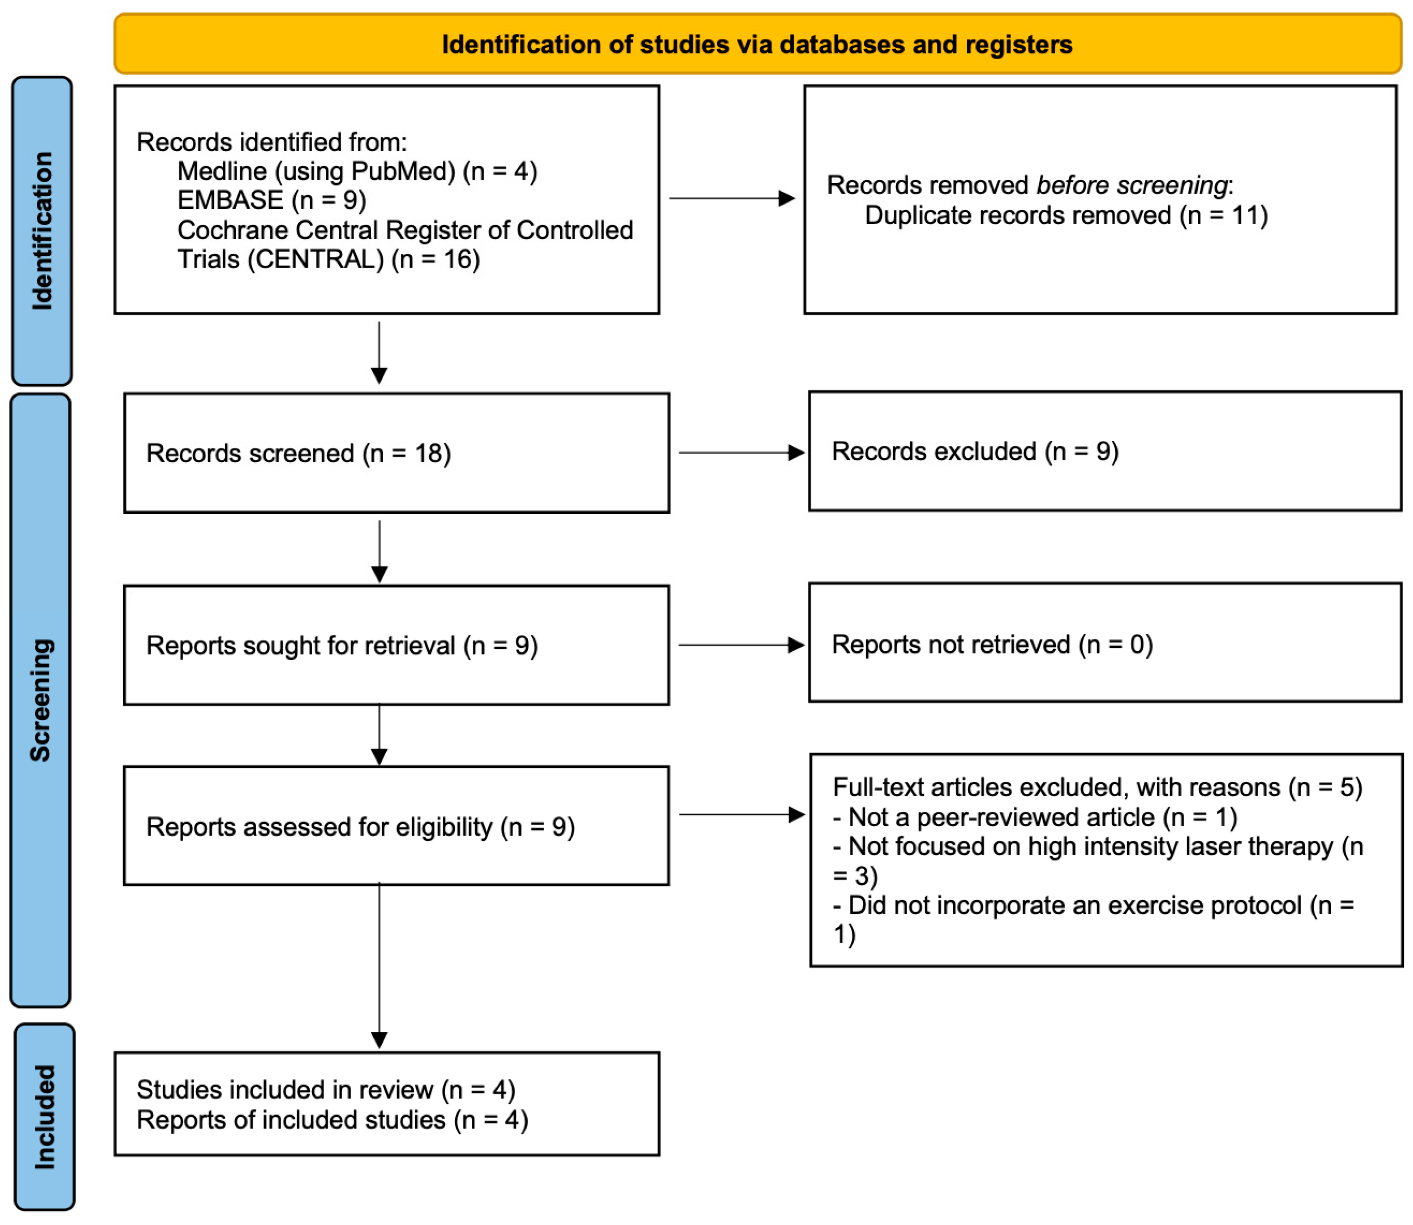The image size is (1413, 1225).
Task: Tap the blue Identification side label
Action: pos(42,230)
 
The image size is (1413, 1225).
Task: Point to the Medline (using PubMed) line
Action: pos(357,171)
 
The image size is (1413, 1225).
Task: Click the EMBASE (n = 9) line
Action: pos(272,200)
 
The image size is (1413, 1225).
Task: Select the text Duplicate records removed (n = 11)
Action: pos(1066,215)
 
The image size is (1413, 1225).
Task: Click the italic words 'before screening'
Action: pos(1131,185)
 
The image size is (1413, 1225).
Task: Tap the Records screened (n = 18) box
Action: pos(396,453)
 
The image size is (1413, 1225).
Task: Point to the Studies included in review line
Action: pos(325,1090)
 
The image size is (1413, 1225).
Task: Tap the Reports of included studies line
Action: pos(333,1120)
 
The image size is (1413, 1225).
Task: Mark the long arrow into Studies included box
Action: pos(379,964)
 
